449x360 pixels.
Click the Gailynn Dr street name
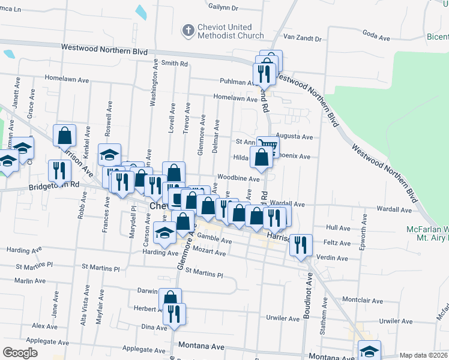[x=223, y=8]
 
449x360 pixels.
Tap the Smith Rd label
[x=175, y=63]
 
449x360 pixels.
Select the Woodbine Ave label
[x=238, y=178]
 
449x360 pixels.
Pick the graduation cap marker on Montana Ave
[x=370, y=351]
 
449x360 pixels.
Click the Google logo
[x=20, y=353]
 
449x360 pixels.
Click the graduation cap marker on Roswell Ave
[x=110, y=154]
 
